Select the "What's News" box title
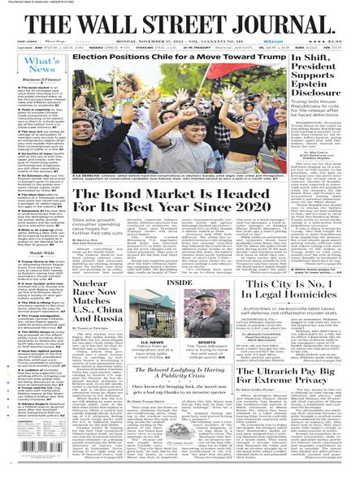41,65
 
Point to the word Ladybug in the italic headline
184,382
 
